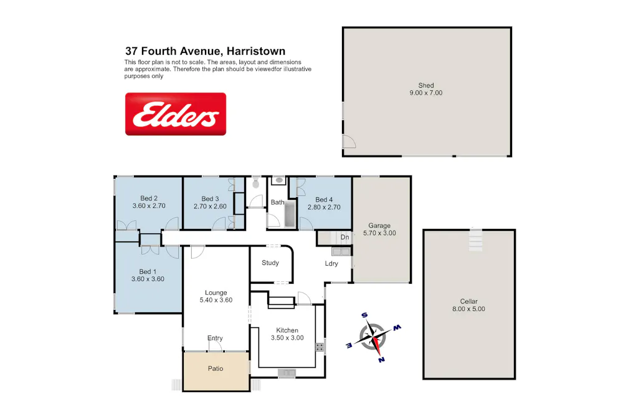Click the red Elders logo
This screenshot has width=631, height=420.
click(x=176, y=114)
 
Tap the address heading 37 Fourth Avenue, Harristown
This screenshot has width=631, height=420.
click(x=205, y=52)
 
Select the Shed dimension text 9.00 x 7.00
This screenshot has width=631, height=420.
click(x=426, y=93)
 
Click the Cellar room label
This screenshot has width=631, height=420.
click(x=469, y=301)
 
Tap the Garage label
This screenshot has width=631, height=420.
click(x=379, y=226)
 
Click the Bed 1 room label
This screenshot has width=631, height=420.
click(x=148, y=271)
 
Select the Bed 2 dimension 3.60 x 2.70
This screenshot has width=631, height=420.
click(x=149, y=206)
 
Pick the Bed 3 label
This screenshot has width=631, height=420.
click(x=211, y=199)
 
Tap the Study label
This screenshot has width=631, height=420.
click(x=270, y=263)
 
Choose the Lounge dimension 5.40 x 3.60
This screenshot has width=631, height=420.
click(x=216, y=300)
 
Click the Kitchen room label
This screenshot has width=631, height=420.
click(x=287, y=330)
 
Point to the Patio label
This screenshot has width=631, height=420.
click(x=215, y=368)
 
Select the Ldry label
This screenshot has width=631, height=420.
click(x=331, y=263)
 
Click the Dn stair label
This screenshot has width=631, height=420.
click(x=344, y=238)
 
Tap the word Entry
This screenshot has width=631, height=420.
click(x=215, y=338)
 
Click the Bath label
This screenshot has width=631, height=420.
click(x=277, y=202)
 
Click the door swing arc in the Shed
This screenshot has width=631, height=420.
click(x=349, y=142)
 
